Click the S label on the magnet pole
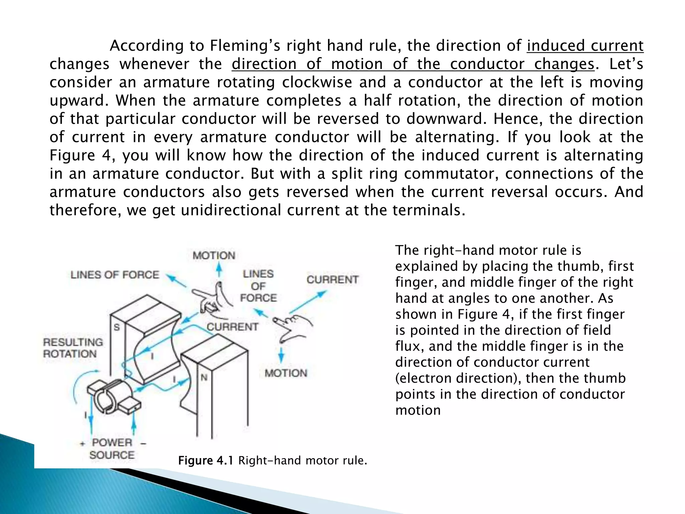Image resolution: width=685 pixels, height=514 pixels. [x=116, y=327]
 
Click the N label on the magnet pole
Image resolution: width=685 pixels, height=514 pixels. [x=204, y=377]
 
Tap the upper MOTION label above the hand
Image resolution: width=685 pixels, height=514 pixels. [x=214, y=256]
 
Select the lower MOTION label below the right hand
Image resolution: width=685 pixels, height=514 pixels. [x=286, y=373]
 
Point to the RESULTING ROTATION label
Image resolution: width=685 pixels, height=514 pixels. [x=73, y=348]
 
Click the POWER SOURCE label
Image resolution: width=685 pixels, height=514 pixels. [x=112, y=449]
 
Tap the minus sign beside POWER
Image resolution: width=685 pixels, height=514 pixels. [x=143, y=444]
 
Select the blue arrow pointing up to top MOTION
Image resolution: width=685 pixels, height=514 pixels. [x=219, y=269]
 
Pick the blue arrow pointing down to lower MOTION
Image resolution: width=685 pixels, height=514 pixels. [x=281, y=355]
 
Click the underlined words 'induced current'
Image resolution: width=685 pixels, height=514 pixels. [x=585, y=46]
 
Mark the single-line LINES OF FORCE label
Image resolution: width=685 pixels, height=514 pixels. [x=115, y=275]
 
